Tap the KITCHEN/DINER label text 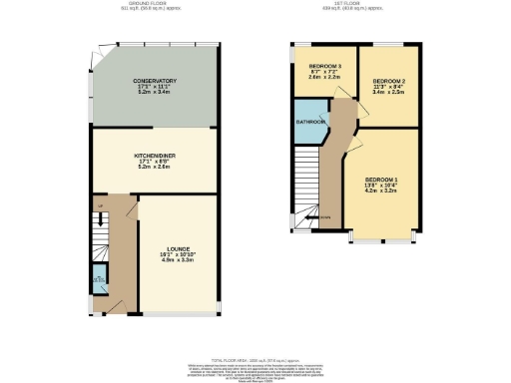click(155, 157)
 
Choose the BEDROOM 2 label click(388, 80)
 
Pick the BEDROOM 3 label click(325, 67)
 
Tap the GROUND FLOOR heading click(156, 4)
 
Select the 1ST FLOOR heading click(355, 4)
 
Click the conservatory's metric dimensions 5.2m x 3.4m click(155, 95)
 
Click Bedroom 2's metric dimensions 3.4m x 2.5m click(388, 94)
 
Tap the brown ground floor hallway click(122, 249)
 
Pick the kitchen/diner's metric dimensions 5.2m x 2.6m click(155, 170)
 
